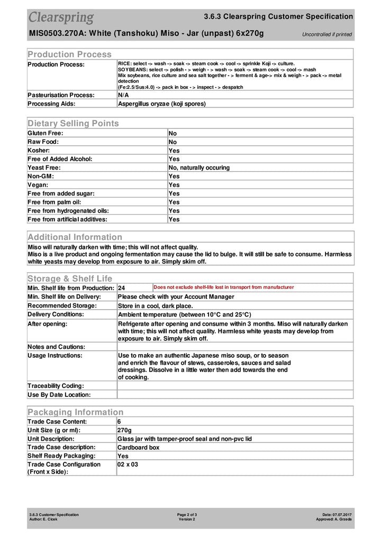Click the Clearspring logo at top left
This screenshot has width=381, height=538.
coord(61,17)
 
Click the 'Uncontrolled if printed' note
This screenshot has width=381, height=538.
coord(326,34)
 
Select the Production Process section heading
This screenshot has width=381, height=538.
coord(69,54)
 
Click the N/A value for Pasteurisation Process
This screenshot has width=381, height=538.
coord(123,95)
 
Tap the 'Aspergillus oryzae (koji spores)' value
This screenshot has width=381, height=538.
coord(161,104)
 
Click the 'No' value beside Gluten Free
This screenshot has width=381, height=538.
coord(173,133)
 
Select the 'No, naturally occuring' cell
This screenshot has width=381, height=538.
coord(199,168)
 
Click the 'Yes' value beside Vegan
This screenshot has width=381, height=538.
coord(174,185)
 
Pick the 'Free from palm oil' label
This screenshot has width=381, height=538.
coord(54,202)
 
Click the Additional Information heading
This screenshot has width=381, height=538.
coord(75,237)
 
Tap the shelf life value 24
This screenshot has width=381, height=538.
coord(122,288)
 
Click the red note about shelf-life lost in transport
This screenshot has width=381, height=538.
coord(223,287)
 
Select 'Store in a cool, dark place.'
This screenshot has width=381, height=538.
coord(155,305)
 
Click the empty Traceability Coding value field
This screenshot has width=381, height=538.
coord(234,386)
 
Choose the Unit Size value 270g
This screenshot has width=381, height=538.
coord(124,430)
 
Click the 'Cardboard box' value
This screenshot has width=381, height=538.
coord(139,447)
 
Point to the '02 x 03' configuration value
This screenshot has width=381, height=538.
coord(128,465)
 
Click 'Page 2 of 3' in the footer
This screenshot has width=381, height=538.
coord(187,514)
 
